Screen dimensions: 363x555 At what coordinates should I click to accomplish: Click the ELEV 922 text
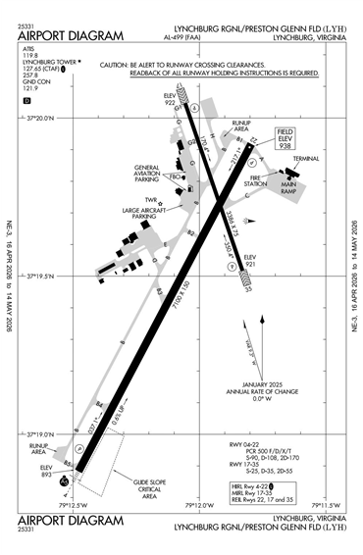click(170, 99)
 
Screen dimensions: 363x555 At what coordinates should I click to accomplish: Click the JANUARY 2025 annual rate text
click(261, 386)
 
